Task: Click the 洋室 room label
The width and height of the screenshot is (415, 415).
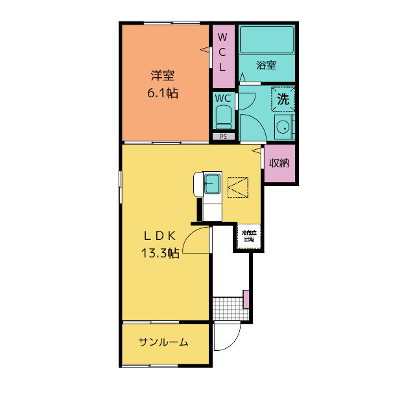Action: tap(163, 75)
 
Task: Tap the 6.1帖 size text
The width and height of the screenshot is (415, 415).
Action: tap(163, 93)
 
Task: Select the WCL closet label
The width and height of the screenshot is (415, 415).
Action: tap(222, 51)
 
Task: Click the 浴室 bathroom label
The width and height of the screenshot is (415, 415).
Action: tap(266, 65)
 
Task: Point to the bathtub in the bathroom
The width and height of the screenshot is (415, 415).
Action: tap(267, 40)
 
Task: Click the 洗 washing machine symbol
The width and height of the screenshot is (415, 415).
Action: tap(283, 99)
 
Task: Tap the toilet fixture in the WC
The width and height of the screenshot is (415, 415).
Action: tap(223, 118)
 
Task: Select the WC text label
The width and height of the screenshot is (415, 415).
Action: tap(223, 99)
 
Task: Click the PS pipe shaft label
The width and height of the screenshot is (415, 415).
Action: tap(223, 136)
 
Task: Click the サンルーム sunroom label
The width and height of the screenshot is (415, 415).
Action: tap(163, 342)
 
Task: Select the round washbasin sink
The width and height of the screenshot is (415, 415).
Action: tap(283, 128)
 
